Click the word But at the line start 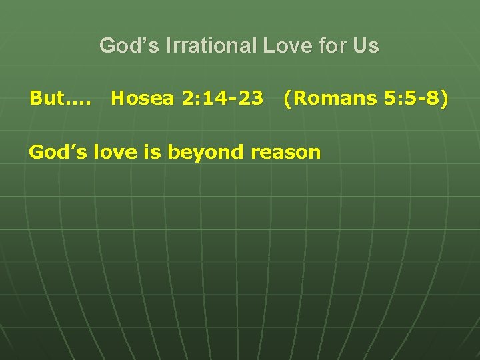(45, 99)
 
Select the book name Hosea (143, 99)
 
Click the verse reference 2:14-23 (222, 99)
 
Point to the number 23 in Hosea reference (250, 99)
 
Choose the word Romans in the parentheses (335, 99)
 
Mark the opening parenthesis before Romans (287, 99)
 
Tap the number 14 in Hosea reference (213, 99)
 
